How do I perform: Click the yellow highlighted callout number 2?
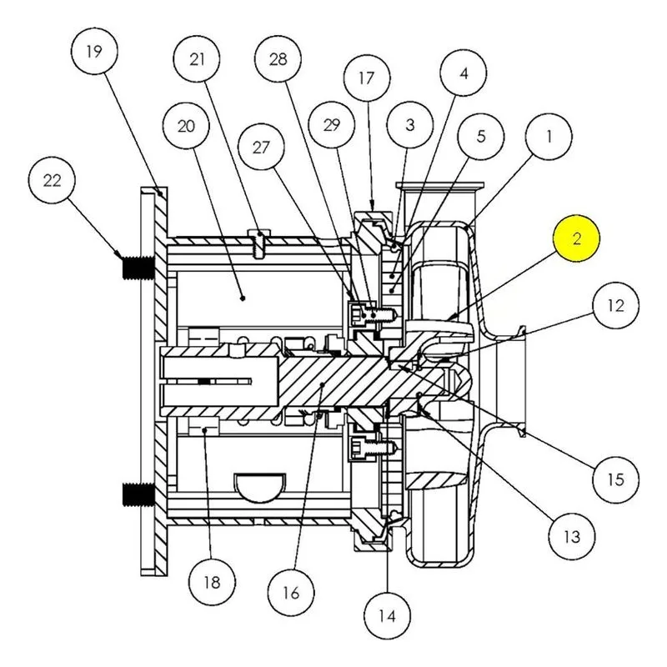pos(576,238)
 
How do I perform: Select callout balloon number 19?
pos(94,52)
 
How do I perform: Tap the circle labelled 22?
pos(52,181)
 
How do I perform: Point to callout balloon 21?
pos(197,59)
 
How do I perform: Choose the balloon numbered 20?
pos(186,126)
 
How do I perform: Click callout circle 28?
pos(278,58)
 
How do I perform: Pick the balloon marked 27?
pos(261,148)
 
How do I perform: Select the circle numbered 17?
pos(367,78)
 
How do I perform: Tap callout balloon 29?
pos(331,125)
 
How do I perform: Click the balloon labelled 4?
pos(464,73)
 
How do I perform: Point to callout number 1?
pos(549,137)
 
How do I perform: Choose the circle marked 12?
pos(616,305)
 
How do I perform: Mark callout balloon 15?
pos(616,479)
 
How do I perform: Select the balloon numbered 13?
pos(572,536)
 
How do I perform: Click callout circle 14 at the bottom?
pos(387,615)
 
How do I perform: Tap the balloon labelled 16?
pos(291,593)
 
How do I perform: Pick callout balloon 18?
pos(213,581)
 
